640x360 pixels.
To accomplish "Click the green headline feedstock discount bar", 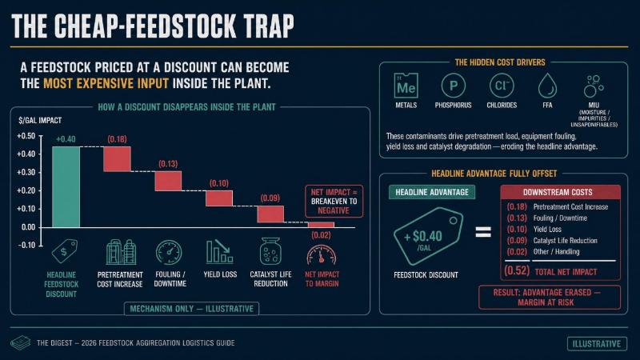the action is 66,187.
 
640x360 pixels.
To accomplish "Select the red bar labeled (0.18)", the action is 117,158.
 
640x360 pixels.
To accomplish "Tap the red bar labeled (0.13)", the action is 168,181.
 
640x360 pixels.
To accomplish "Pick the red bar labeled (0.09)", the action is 270,214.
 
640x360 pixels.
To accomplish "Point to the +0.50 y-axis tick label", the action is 26,136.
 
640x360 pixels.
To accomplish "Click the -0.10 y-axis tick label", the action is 26,246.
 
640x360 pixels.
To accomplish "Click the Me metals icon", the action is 406,86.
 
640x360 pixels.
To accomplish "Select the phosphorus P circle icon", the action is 454,86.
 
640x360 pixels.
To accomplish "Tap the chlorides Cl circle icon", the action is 502,86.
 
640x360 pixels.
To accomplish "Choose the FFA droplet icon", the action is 547,86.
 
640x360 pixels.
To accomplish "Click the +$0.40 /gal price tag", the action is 428,236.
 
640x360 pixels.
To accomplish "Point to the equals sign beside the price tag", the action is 483,232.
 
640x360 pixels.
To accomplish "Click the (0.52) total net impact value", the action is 517,271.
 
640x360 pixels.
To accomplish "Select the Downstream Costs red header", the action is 561,192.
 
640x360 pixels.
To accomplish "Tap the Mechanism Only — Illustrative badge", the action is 191,309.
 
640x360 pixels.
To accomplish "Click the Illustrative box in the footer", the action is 597,344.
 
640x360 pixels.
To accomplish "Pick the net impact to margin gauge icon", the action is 322,255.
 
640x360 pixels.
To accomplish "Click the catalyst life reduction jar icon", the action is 270,251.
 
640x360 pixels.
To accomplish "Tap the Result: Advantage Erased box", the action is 550,298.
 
